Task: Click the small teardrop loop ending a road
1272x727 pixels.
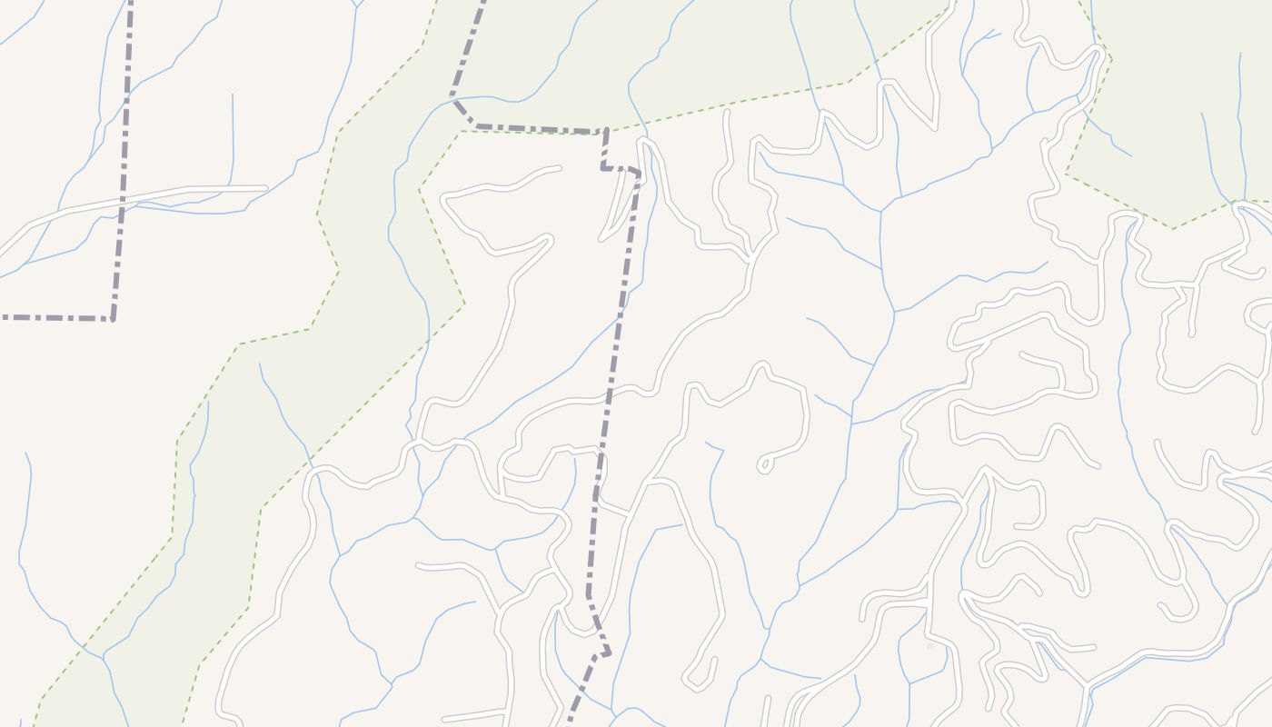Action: pos(764,465)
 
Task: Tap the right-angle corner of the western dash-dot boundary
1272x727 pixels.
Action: pos(113,318)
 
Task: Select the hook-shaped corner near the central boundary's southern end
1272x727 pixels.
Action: pos(608,652)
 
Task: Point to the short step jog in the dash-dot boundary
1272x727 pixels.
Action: pos(603,167)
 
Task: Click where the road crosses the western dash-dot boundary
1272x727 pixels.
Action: pos(123,201)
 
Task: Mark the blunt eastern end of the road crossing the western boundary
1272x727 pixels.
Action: pos(265,188)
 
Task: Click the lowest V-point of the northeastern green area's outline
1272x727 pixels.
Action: pos(1172,229)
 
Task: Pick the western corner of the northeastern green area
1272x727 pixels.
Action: pos(1066,174)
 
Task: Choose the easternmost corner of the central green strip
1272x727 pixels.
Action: pos(464,304)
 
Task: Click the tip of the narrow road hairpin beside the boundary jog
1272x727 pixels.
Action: pos(601,239)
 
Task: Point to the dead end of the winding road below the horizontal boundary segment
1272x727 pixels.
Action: pos(560,167)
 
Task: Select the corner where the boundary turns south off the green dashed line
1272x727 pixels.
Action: pos(606,132)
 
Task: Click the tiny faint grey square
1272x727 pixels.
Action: pos(929,646)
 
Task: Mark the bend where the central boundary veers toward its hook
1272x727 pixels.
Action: pos(589,595)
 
